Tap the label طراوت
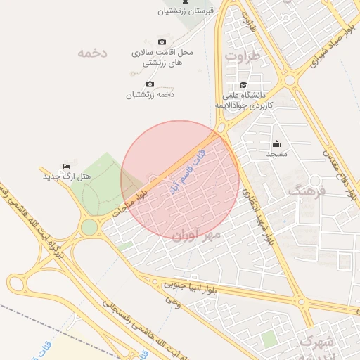pyautogui.click(x=243, y=54)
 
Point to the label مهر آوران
pyautogui.click(x=197, y=234)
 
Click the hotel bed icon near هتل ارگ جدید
pyautogui.click(x=66, y=166)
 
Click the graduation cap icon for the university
pyautogui.click(x=243, y=84)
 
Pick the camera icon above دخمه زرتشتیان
pyautogui.click(x=150, y=84)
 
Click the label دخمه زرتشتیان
pyautogui.click(x=150, y=94)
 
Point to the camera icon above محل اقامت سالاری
pyautogui.click(x=162, y=42)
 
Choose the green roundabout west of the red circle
pyautogui.click(x=89, y=227)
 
